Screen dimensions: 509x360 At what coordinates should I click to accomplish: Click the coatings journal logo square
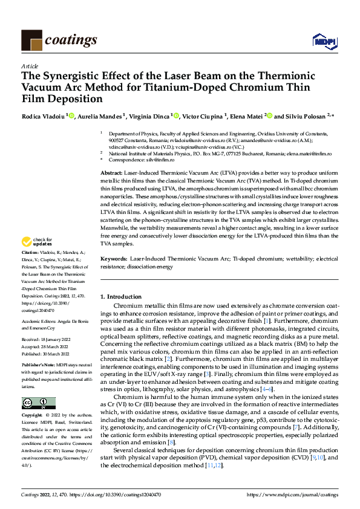pyautogui.click(x=31, y=39)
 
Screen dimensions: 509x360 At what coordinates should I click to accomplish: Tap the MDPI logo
pyautogui.click(x=324, y=41)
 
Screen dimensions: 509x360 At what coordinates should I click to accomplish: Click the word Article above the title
pyautogui.click(x=30, y=66)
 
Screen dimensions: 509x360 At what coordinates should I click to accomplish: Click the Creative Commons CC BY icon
pyautogui.click(x=39, y=403)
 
